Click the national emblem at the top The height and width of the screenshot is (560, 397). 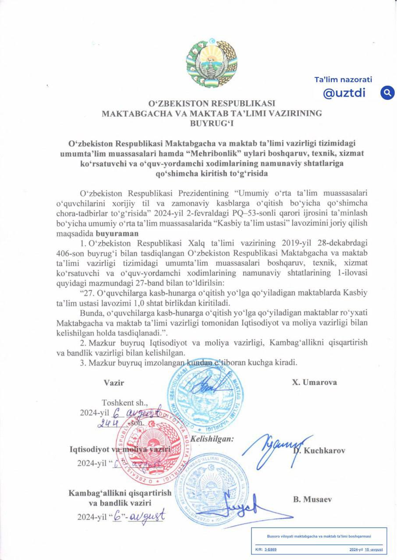212,59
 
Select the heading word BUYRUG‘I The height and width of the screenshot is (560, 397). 212,123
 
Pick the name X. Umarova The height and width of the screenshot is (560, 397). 315,382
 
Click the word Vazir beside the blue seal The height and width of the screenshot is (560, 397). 114,382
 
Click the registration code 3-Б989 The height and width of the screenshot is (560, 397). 270,549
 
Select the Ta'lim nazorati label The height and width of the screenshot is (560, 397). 343,80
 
